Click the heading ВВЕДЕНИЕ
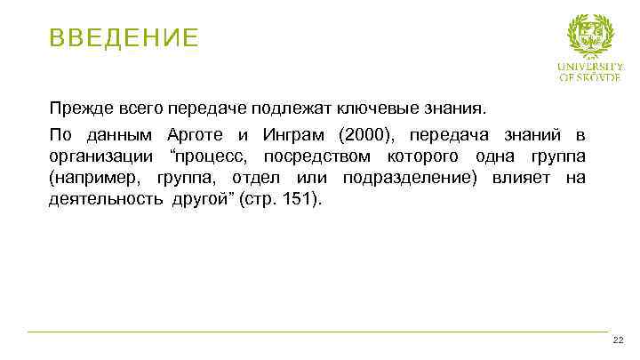point(124,38)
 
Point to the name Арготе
point(194,135)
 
